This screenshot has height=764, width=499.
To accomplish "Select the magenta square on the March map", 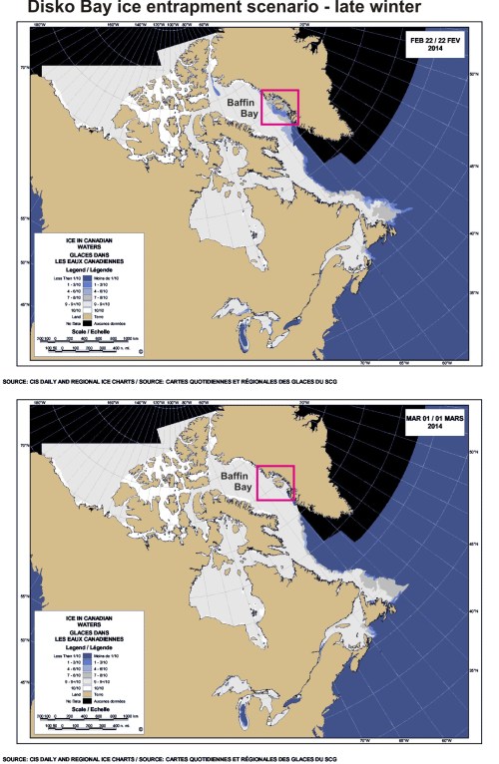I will pyautogui.click(x=276, y=484).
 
